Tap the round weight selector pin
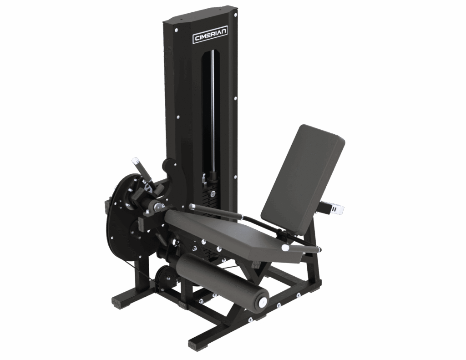(x=213, y=194)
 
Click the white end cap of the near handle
(x=285, y=247)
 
